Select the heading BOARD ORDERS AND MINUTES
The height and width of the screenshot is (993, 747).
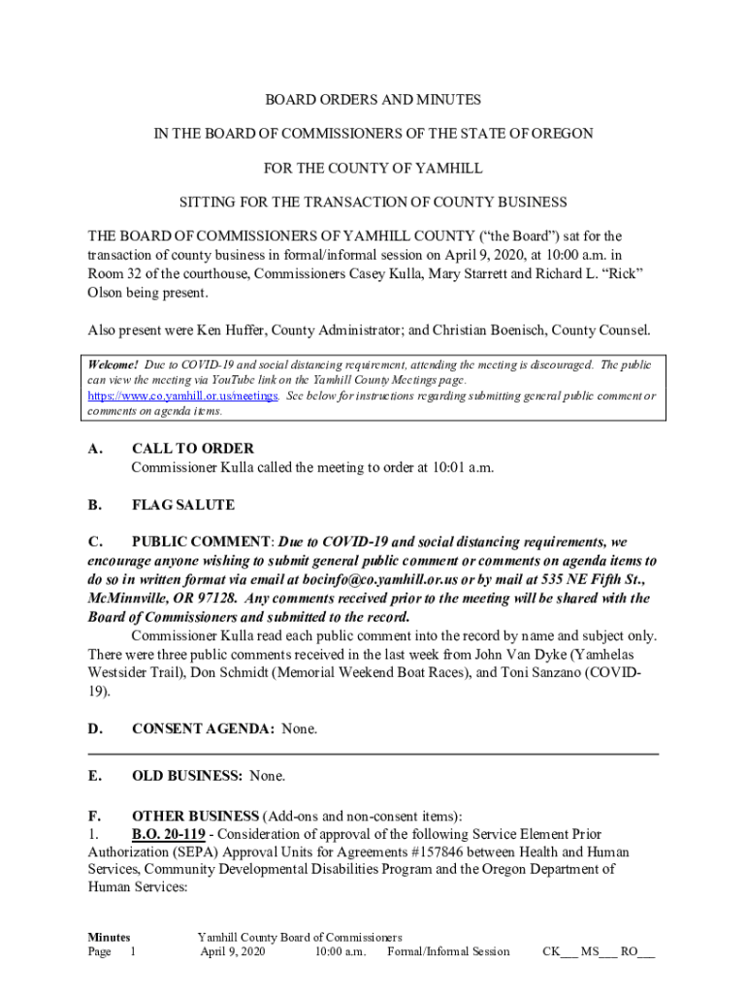pyautogui.click(x=373, y=100)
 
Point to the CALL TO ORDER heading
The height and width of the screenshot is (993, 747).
pyautogui.click(x=193, y=449)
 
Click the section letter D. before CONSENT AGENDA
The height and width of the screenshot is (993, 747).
pyautogui.click(x=95, y=728)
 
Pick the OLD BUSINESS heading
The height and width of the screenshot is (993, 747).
pyautogui.click(x=187, y=776)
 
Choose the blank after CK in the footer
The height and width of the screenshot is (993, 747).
pyautogui.click(x=568, y=952)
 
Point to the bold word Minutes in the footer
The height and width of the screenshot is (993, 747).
pyautogui.click(x=109, y=938)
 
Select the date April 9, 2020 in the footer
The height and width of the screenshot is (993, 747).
pyautogui.click(x=232, y=952)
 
